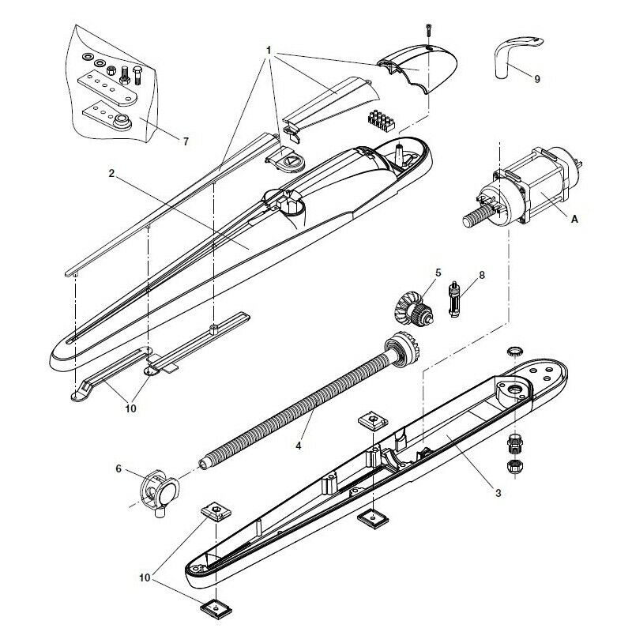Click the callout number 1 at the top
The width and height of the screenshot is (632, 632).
point(269,49)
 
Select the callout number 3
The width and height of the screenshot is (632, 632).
point(498,493)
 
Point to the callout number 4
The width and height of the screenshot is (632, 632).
point(298,446)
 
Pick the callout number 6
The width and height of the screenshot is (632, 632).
point(119,468)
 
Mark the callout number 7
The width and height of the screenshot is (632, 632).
point(186,142)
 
